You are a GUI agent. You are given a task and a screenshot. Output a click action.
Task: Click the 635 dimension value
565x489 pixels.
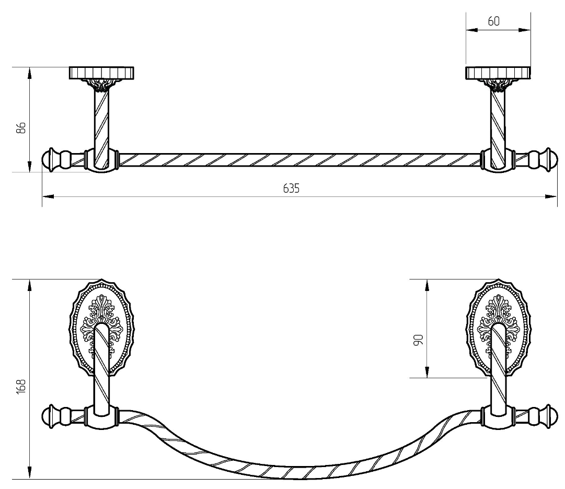click(291, 188)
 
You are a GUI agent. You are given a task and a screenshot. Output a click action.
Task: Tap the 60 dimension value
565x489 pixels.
click(493, 21)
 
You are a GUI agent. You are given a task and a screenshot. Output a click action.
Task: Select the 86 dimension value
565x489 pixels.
click(21, 128)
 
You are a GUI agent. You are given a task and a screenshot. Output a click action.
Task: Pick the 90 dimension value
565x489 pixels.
click(418, 340)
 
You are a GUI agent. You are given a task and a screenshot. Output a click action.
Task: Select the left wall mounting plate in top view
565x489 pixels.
click(101, 73)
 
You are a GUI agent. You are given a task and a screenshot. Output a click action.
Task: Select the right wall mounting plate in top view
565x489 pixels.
click(498, 73)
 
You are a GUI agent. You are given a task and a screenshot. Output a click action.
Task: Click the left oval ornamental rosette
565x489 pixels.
click(101, 328)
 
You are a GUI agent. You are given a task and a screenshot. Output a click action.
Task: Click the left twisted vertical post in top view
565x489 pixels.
click(101, 128)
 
